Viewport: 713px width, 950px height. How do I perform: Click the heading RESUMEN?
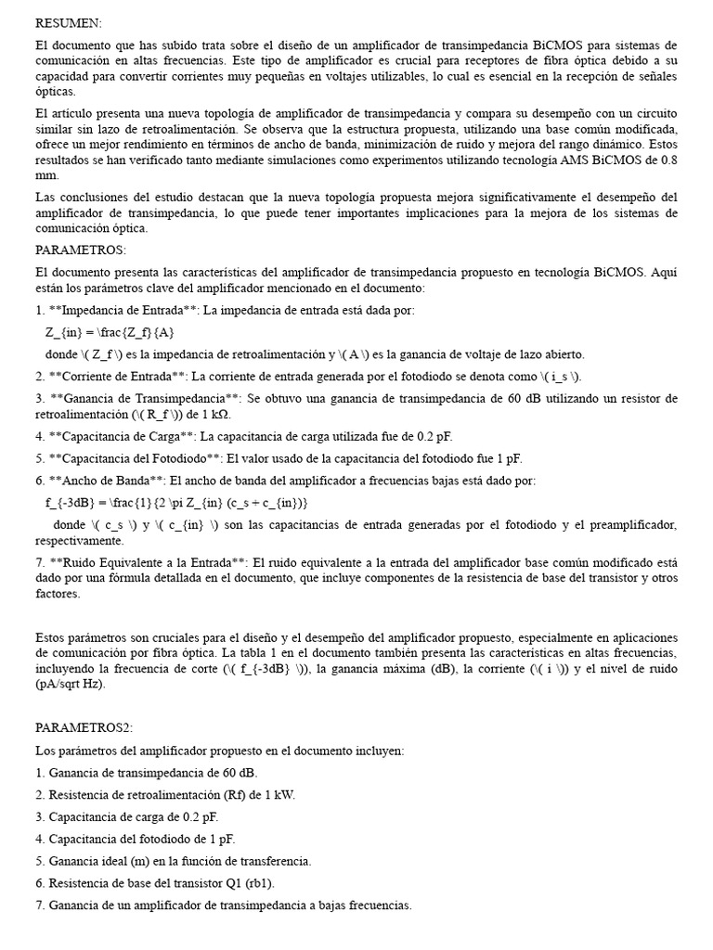70,22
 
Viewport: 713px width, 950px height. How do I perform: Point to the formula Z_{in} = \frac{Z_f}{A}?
109,332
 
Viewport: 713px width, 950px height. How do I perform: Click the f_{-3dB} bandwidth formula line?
175,502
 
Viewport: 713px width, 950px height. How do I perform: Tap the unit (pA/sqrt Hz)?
71,684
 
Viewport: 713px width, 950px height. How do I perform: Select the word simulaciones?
275,160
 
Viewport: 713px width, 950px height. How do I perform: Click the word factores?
58,594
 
